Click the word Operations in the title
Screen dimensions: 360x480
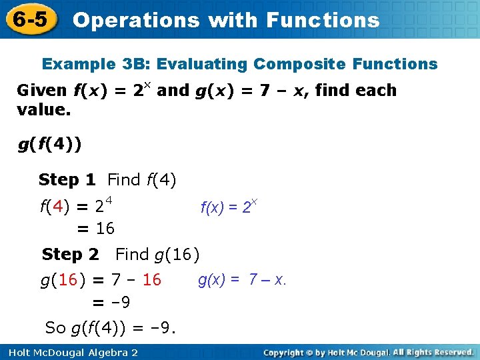click(136, 20)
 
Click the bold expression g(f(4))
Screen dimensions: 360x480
click(50, 145)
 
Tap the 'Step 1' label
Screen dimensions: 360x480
click(67, 179)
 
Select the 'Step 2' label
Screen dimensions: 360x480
click(70, 254)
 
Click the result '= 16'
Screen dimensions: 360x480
click(96, 229)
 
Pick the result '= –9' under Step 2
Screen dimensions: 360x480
click(111, 303)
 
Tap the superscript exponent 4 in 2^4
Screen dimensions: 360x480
click(108, 200)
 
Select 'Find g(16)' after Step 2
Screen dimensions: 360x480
click(157, 254)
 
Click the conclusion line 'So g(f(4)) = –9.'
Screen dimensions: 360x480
click(110, 327)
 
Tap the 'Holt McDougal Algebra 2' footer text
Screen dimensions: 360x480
click(69, 352)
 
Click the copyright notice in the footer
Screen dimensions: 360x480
click(368, 352)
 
